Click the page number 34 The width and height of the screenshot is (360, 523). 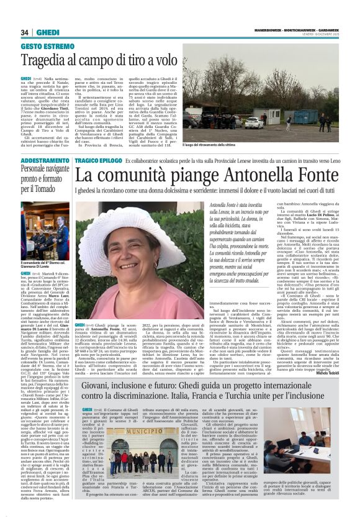tap(25, 32)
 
